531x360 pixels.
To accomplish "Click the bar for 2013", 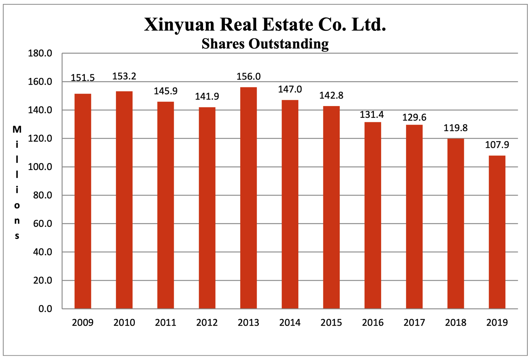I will [x=248, y=198].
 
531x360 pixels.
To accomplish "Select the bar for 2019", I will [x=497, y=232].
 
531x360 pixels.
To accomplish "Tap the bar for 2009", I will [x=83, y=201].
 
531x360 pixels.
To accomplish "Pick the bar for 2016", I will [x=373, y=215].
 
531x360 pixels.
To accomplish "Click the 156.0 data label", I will [x=248, y=76].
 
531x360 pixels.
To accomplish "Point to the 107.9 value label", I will [x=497, y=145].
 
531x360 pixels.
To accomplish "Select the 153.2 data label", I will [x=124, y=76].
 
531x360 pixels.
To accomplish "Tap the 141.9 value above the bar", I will [x=207, y=96].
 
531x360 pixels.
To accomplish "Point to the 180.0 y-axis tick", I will [x=40, y=54].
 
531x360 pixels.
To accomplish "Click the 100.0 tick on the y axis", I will [x=40, y=167].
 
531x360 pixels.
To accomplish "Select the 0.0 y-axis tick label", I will [x=45, y=309].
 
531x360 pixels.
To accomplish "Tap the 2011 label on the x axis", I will [x=166, y=322].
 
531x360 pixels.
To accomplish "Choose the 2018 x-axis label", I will [x=455, y=322].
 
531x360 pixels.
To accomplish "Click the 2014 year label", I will [x=290, y=322].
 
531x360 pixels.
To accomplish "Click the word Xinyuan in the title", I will [x=179, y=25].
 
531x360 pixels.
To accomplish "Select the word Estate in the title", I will [x=287, y=25].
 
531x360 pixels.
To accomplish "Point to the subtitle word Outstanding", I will [x=288, y=44].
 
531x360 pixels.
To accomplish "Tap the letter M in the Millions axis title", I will [x=17, y=129].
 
